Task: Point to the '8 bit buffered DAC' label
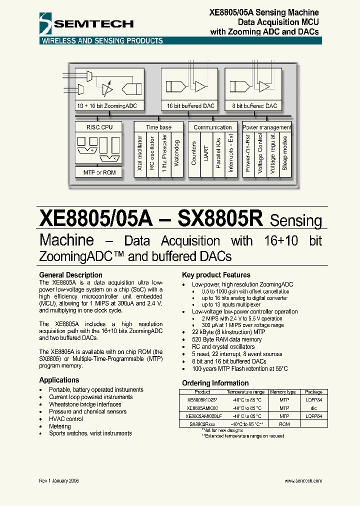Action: coord(254,106)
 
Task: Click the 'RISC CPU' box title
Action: coord(100,127)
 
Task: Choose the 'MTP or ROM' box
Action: coord(100,172)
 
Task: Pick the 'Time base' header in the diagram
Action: coord(158,127)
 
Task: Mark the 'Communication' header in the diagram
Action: coord(212,127)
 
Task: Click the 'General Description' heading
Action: coord(70,275)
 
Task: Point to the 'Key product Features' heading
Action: coord(216,275)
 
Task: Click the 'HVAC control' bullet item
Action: coord(66,419)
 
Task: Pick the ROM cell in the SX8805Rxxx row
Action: coord(284,424)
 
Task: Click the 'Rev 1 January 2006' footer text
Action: coord(59,480)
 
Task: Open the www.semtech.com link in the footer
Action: coord(303,480)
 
